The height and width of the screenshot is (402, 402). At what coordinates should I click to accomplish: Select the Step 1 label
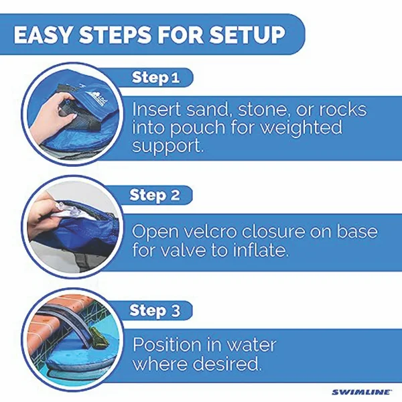(155, 78)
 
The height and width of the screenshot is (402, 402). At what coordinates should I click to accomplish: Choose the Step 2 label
(155, 195)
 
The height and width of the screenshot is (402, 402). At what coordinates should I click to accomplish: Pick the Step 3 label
(155, 310)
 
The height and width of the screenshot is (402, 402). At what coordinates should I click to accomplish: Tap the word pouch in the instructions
(197, 127)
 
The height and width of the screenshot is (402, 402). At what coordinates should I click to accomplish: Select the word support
(168, 147)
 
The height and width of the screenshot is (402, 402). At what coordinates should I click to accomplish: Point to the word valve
(184, 250)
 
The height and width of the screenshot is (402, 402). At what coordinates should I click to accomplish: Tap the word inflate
(261, 250)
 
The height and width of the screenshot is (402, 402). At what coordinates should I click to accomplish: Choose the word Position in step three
(167, 345)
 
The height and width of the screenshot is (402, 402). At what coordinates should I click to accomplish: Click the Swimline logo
(362, 392)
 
